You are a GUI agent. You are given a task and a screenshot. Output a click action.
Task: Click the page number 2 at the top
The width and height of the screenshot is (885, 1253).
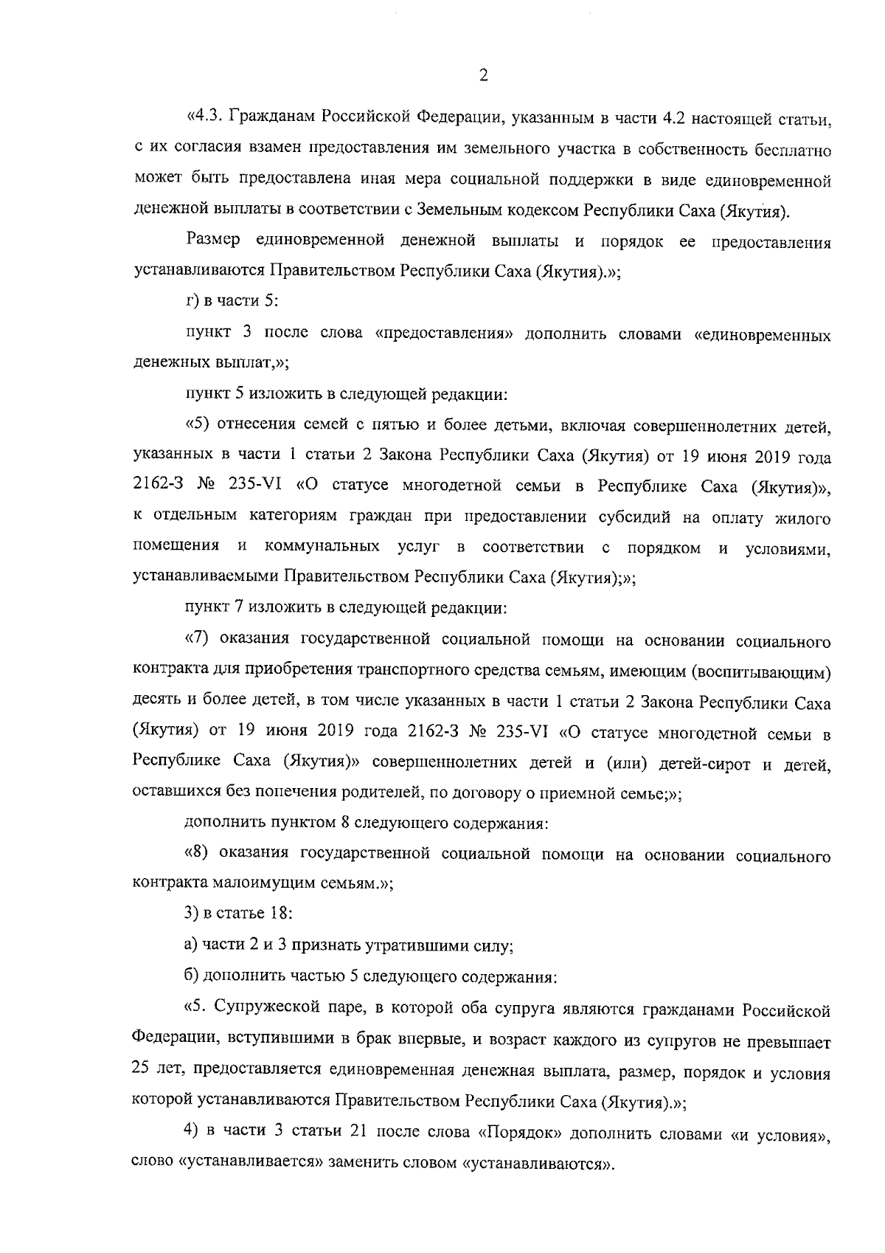482,76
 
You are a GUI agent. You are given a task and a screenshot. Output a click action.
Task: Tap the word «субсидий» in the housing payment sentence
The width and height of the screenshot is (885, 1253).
630,519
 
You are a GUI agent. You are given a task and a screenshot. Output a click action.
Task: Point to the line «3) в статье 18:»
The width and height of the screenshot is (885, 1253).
237,914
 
